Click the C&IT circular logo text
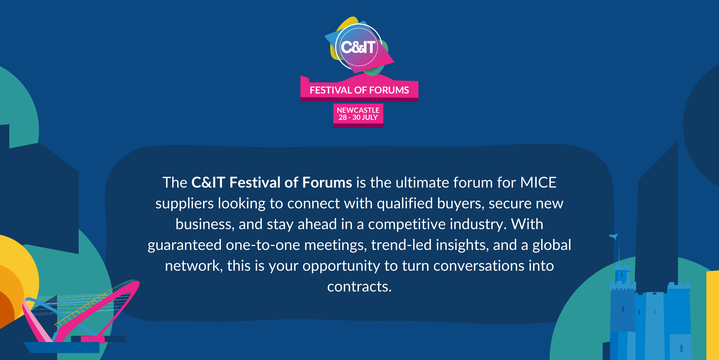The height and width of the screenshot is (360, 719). point(358,47)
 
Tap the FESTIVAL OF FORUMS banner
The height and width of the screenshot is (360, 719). point(359,90)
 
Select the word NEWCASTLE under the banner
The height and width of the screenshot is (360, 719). point(358,110)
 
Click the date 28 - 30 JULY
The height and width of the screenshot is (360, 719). point(358,117)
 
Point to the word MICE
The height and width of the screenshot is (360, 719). point(538,183)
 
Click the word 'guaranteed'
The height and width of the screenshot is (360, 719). point(185,245)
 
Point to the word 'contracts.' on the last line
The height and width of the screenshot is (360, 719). point(359,286)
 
